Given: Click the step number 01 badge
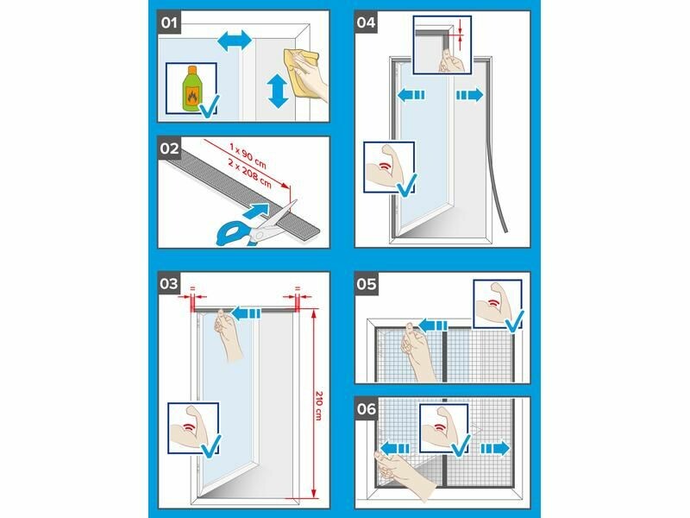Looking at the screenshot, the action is [x=169, y=22].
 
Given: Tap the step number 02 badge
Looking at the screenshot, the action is [x=169, y=148].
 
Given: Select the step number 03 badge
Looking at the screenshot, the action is [x=169, y=283].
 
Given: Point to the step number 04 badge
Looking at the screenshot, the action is [x=366, y=22].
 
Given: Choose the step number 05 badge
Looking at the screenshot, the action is [x=366, y=284].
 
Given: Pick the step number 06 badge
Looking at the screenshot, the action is [x=366, y=409].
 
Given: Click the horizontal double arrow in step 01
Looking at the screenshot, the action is [x=235, y=42].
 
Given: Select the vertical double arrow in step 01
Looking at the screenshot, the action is [x=278, y=92].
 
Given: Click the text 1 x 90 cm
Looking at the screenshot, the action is [x=248, y=156].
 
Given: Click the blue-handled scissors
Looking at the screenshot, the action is [x=255, y=224].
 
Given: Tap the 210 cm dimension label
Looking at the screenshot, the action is [x=318, y=405].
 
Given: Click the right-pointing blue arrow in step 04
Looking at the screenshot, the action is [x=469, y=95].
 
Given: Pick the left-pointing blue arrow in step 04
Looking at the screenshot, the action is [x=411, y=95].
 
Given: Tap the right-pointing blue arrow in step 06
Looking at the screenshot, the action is [x=495, y=449].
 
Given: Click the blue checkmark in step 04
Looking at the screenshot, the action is [x=406, y=185].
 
